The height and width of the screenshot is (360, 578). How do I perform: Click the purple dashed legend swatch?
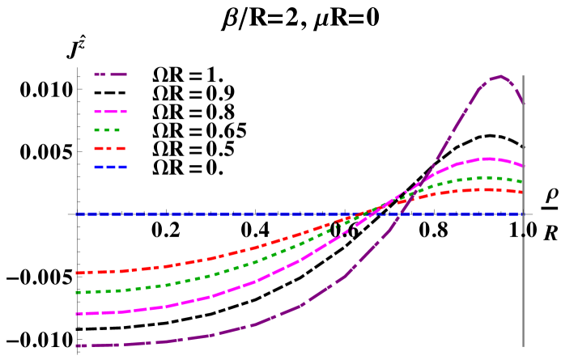111,74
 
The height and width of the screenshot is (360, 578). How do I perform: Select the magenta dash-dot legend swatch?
111,112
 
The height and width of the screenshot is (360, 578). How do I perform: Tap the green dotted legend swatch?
108,129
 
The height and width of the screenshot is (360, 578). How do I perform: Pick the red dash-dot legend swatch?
110,149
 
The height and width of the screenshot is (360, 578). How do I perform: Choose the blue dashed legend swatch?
111,167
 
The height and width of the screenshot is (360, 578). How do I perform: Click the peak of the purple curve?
501,77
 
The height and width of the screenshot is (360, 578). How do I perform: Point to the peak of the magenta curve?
488,159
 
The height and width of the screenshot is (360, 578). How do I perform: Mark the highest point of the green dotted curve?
485,177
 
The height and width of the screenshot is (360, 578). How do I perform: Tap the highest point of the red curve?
486,189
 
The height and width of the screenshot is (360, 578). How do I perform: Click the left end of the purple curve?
77,345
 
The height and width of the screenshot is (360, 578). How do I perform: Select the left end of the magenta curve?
77,313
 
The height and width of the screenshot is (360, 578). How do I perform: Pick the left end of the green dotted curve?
77,292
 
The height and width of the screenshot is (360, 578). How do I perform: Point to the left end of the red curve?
77,273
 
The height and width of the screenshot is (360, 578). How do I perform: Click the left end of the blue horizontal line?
77,214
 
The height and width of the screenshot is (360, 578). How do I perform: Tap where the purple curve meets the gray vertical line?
523,103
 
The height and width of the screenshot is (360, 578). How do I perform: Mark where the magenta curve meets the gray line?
523,166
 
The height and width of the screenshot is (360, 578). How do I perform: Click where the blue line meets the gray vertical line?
523,214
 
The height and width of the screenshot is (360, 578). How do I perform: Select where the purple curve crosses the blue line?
402,214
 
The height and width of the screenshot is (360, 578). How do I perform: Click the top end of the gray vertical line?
523,76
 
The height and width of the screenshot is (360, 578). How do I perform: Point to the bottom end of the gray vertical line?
523,346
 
